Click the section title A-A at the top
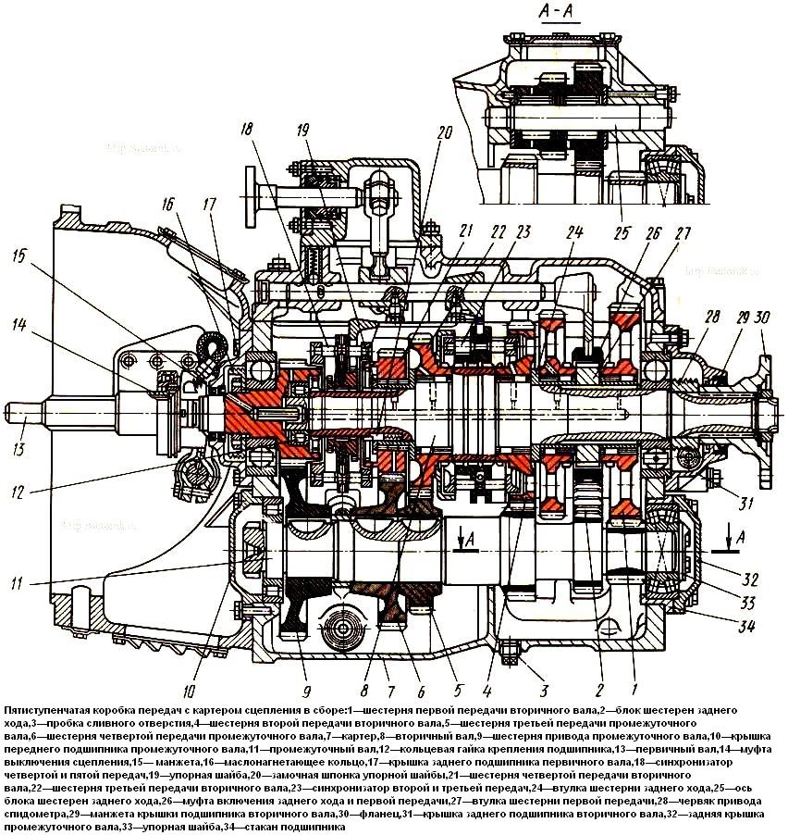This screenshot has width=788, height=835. pyautogui.click(x=554, y=15)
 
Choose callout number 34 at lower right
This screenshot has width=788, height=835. pyautogui.click(x=745, y=627)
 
